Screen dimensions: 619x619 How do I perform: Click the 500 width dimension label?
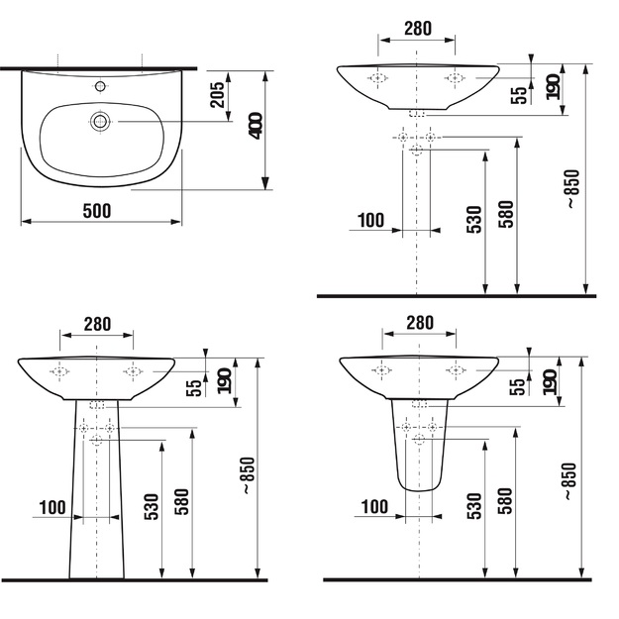[x=97, y=211]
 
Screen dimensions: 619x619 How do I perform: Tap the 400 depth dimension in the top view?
[x=257, y=126]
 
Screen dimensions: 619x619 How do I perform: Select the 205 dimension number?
[x=217, y=95]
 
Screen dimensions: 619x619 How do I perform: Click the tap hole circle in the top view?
[x=100, y=86]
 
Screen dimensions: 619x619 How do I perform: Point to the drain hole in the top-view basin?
[x=100, y=121]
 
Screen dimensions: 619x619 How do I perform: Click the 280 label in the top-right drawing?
[x=418, y=29]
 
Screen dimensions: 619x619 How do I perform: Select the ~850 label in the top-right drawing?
[x=572, y=189]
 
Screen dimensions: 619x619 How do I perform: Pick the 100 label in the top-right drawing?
[x=370, y=220]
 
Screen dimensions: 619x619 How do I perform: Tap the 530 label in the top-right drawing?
[x=474, y=220]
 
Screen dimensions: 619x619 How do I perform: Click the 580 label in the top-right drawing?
[x=506, y=214]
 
